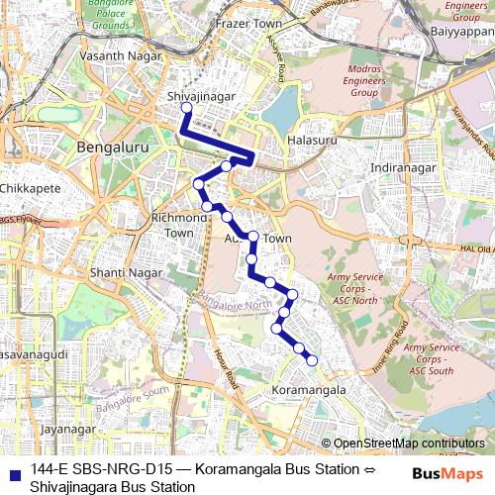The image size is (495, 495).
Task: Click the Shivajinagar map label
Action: click(x=201, y=96)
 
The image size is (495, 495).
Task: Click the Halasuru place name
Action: click(x=312, y=142)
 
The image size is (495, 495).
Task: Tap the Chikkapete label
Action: click(x=30, y=187)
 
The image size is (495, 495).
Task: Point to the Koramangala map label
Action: click(x=308, y=392)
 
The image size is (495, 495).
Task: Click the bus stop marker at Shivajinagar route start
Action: click(x=185, y=107)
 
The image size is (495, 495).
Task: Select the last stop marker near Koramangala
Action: click(x=312, y=360)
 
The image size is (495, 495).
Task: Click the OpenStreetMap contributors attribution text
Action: click(x=409, y=445)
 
